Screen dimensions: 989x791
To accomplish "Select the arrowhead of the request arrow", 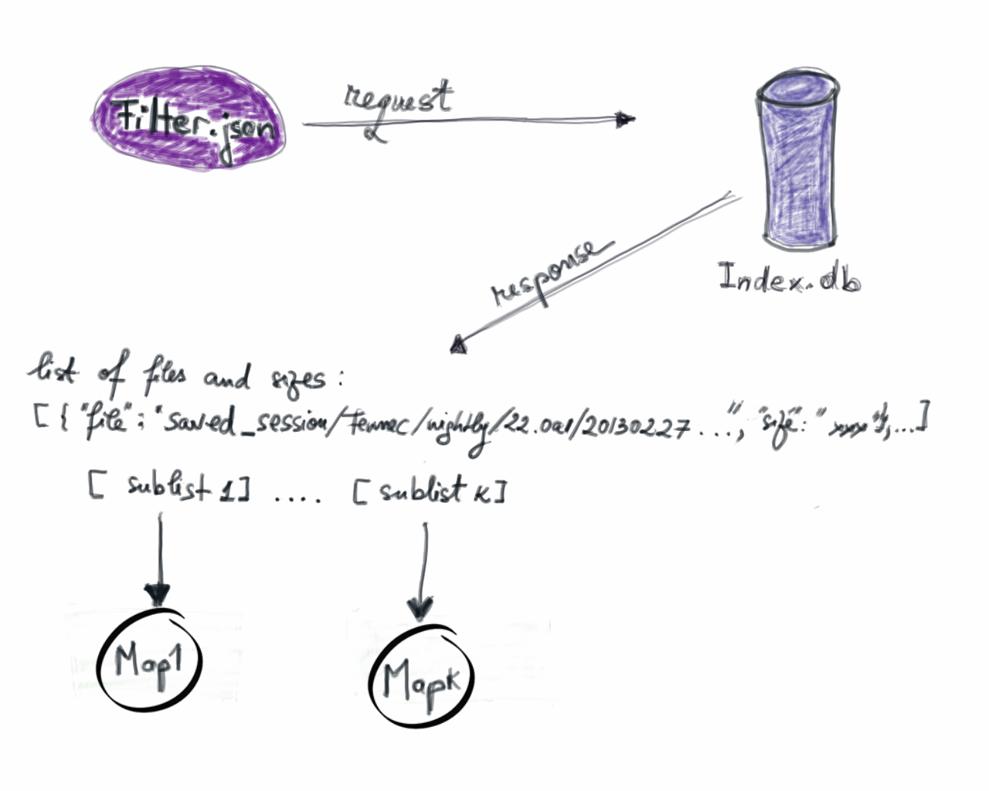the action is tap(625, 120).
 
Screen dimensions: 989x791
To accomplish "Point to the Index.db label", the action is tap(788, 278).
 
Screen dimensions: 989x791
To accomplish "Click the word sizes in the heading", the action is tap(298, 380).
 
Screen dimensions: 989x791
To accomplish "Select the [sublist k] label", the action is tap(429, 491).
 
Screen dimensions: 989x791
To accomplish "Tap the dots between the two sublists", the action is tap(298, 498).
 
